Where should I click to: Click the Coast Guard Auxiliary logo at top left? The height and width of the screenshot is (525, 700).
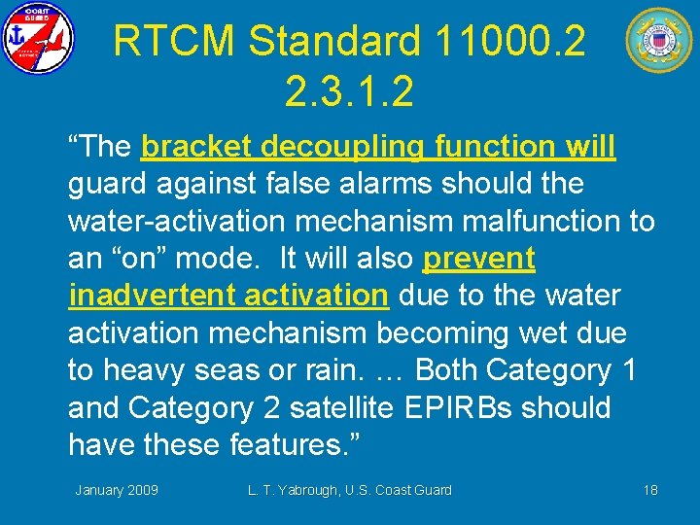(37, 38)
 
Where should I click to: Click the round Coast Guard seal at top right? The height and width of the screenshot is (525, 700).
(658, 40)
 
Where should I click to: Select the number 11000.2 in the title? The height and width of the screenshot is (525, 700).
(511, 42)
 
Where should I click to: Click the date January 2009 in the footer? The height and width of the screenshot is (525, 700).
(117, 490)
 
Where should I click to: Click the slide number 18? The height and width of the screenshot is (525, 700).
(650, 490)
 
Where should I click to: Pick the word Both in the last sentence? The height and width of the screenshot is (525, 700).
(447, 370)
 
